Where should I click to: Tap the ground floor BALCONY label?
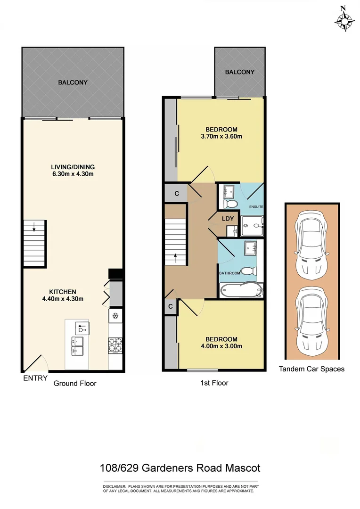click(73, 82)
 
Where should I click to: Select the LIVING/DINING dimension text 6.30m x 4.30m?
click(73, 174)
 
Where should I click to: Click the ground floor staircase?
click(35, 244)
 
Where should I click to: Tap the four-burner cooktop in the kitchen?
click(116, 345)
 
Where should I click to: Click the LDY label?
click(228, 219)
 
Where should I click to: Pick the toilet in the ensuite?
click(230, 203)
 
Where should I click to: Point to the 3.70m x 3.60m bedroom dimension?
click(221, 137)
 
